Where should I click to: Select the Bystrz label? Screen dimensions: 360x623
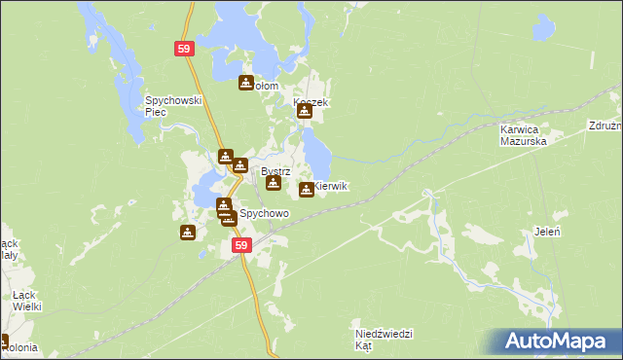click(x=275, y=171)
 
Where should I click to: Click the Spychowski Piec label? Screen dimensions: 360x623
click(x=172, y=105)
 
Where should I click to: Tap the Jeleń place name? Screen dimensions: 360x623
click(x=546, y=231)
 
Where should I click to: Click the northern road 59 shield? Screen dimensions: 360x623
click(x=185, y=48)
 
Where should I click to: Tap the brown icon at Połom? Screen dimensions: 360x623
click(x=246, y=84)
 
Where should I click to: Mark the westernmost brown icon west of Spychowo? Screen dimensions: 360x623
click(x=188, y=233)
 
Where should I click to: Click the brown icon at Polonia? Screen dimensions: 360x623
click(x=3, y=342)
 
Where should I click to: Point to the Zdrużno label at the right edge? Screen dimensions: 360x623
click(x=605, y=126)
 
